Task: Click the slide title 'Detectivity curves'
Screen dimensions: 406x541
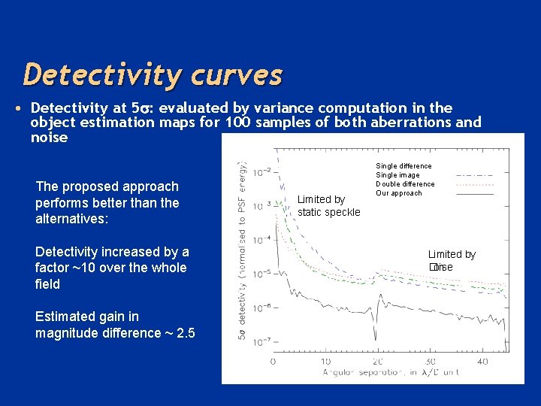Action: click(x=153, y=75)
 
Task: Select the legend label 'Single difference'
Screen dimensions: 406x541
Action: click(x=403, y=165)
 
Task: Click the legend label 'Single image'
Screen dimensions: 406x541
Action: click(x=397, y=175)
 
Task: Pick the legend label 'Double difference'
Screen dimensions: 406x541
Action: click(x=405, y=184)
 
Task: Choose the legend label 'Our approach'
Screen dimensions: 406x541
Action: click(x=399, y=193)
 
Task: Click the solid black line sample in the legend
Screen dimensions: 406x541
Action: click(x=475, y=194)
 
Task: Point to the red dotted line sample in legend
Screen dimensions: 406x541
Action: click(x=475, y=184)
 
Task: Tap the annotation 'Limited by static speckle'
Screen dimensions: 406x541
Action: click(x=328, y=205)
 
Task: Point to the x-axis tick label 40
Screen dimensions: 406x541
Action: click(x=484, y=362)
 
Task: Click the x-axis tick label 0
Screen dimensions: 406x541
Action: click(x=273, y=362)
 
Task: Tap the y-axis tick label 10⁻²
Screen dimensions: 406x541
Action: click(x=261, y=171)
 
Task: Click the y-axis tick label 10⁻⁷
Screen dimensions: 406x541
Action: click(x=261, y=342)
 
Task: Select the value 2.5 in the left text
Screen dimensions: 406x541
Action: click(x=186, y=333)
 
